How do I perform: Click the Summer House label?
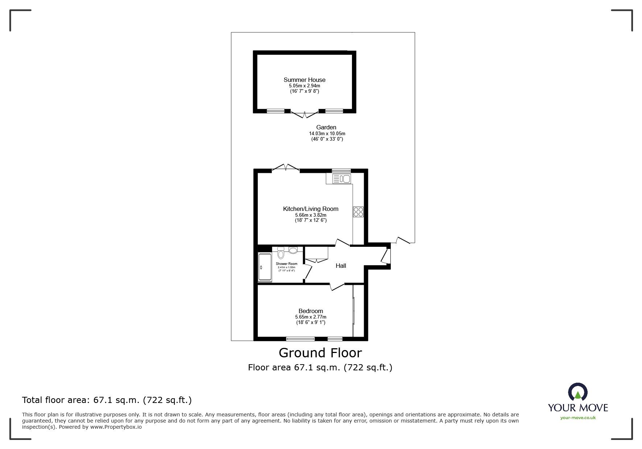[304, 80]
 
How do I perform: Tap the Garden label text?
[326, 127]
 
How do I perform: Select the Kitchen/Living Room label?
[310, 209]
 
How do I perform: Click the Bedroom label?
[310, 311]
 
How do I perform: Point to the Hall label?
[340, 266]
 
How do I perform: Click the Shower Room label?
[286, 264]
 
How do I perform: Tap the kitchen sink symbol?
[341, 179]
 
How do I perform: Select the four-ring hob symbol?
[358, 212]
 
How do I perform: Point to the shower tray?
[265, 267]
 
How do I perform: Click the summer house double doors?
[305, 114]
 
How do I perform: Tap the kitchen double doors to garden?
[286, 167]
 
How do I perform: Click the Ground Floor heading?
[320, 353]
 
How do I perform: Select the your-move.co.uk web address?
[577, 418]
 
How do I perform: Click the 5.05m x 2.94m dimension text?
[304, 86]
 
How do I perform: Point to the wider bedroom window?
[300, 339]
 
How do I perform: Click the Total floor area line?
[107, 400]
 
